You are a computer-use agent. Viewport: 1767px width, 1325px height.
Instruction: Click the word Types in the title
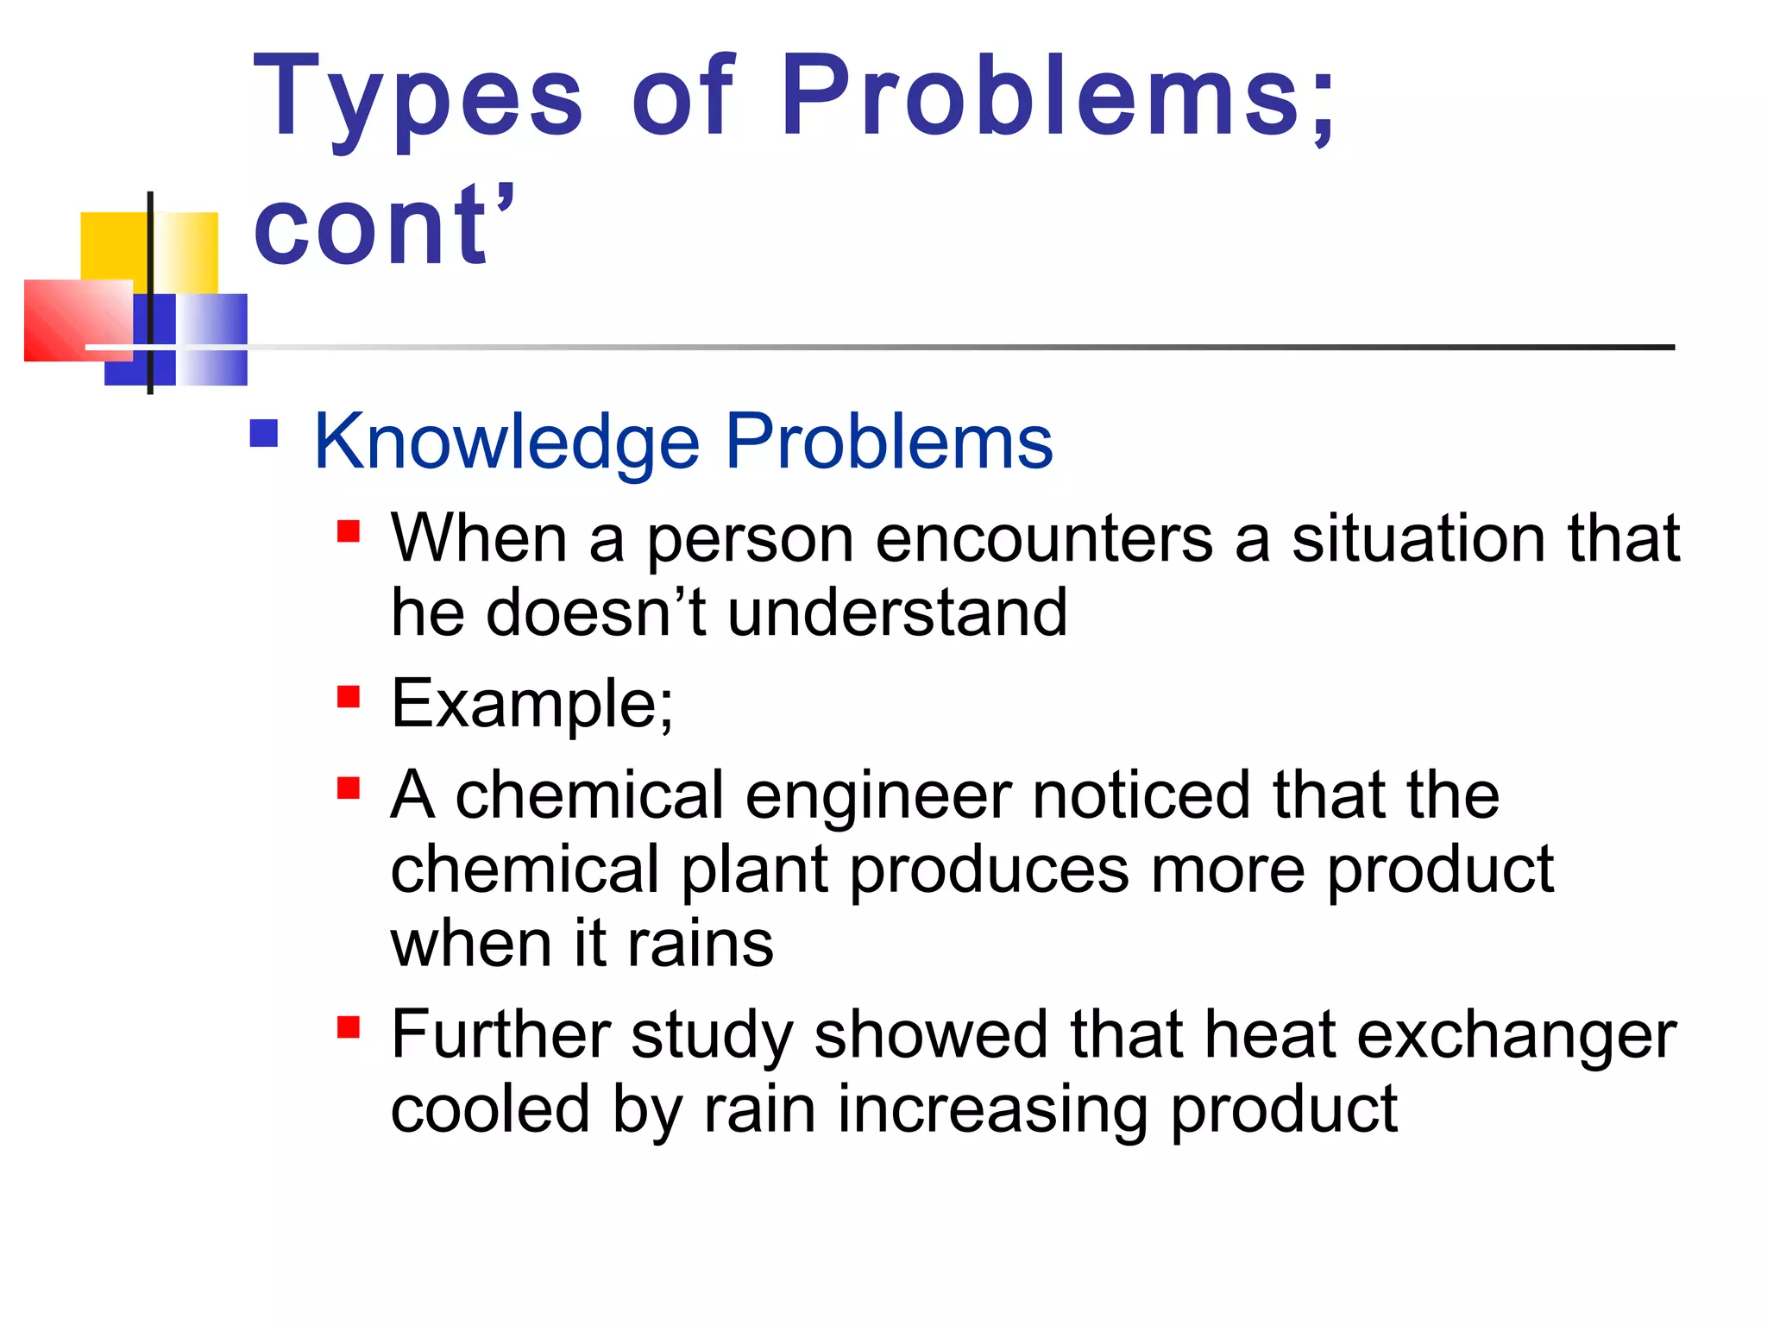tap(418, 97)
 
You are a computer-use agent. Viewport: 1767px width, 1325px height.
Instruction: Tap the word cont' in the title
tap(384, 226)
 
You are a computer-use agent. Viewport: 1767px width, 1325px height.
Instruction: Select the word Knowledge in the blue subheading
tap(506, 442)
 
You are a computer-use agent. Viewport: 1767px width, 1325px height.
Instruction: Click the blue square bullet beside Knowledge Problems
tap(264, 433)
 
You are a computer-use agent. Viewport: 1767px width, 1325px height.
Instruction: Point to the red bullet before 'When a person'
tap(349, 531)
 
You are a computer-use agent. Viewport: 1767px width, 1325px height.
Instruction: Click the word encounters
tap(1044, 538)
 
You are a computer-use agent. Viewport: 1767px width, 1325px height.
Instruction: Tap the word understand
tap(897, 612)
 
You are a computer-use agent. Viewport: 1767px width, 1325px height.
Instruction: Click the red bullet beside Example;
tap(349, 696)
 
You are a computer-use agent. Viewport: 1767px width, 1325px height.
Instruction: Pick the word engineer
tap(878, 795)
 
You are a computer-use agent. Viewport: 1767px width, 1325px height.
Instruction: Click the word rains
tap(700, 944)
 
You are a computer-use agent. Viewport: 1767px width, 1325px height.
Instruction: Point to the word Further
tap(501, 1034)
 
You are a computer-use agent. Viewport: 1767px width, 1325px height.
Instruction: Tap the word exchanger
tap(1516, 1036)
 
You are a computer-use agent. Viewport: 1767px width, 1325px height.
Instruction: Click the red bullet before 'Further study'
tap(349, 1027)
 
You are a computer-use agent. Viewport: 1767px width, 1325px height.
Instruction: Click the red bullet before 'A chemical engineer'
tap(349, 788)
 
